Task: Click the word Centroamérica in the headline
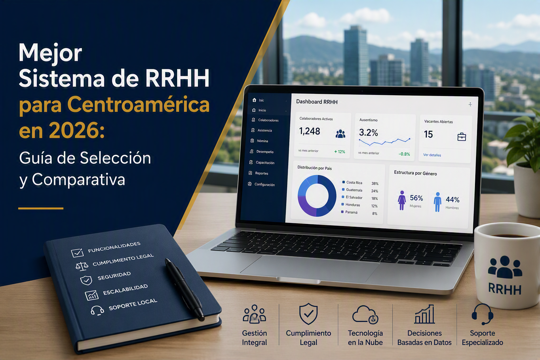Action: pos(138,104)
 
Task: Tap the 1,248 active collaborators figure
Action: pos(309,131)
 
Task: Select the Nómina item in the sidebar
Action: pos(262,141)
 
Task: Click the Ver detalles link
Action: pos(432,155)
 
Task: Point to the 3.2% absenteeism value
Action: pos(368,133)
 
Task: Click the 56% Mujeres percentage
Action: pos(416,198)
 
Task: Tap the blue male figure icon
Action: pos(438,202)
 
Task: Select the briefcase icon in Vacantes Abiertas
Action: pos(461,137)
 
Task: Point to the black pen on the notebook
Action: pos(185,289)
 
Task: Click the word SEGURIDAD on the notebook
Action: pos(114,276)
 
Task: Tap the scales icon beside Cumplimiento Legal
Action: pos(82,266)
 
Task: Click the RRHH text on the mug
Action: pos(504,289)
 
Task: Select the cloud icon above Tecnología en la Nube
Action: pos(365,315)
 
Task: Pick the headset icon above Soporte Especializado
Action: pos(482,314)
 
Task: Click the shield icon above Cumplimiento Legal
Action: pos(308,314)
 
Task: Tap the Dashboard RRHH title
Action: pos(317,102)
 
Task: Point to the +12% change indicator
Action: pos(340,152)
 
